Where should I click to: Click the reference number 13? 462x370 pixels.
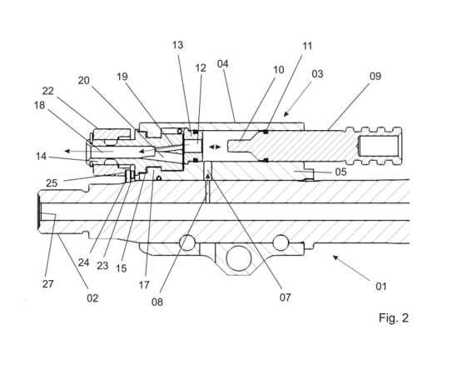(177, 45)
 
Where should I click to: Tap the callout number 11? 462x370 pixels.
(307, 46)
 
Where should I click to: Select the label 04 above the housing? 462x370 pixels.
(223, 63)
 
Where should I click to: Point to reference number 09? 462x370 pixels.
(375, 77)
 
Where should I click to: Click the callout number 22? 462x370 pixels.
(48, 91)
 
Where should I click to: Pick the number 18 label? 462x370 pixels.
(39, 105)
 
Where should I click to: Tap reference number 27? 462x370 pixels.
(48, 284)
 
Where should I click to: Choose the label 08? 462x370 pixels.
(157, 302)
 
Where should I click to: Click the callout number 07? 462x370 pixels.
(286, 297)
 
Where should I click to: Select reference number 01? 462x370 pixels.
(381, 286)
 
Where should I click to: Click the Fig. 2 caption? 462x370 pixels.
(394, 317)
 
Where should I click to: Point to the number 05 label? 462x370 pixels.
(341, 172)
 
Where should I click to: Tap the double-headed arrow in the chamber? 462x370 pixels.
(215, 147)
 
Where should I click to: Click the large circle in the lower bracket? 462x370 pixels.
(239, 258)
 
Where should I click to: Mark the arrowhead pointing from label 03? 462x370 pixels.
(286, 114)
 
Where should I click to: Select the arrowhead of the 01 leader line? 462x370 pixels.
(335, 257)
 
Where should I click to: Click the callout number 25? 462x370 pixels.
(52, 183)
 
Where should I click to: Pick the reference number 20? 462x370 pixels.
(84, 80)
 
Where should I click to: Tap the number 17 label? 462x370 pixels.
(144, 285)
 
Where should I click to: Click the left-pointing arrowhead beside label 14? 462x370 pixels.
(67, 151)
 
